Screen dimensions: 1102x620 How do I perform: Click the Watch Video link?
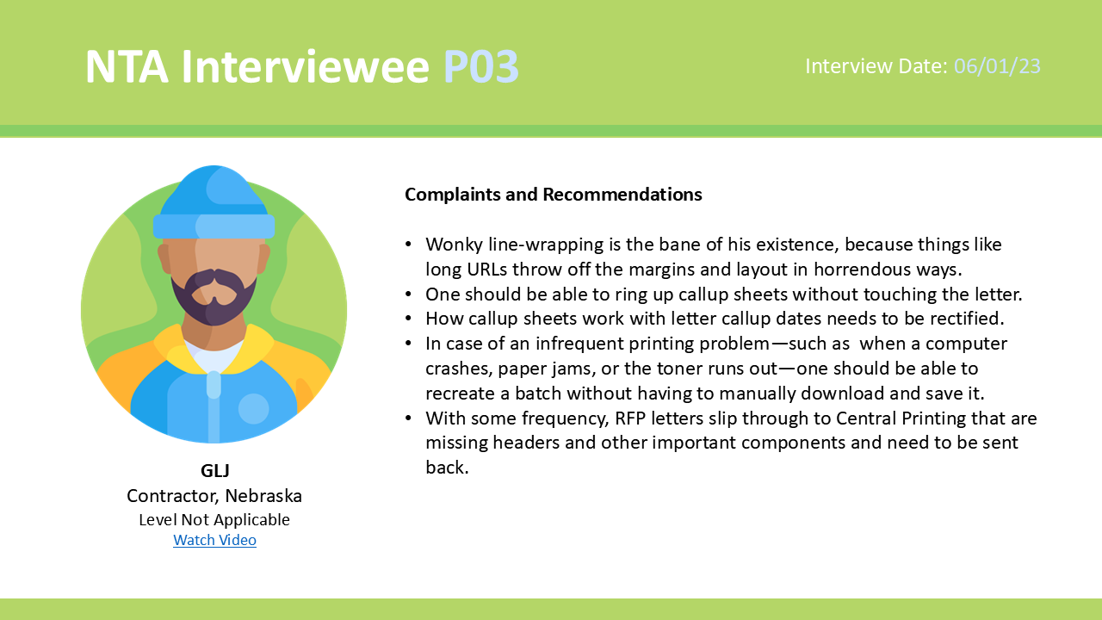tap(214, 540)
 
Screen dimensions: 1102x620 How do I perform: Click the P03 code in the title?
tap(481, 66)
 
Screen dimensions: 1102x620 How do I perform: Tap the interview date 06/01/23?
tap(997, 66)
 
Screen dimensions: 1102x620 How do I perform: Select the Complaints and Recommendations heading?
tap(553, 195)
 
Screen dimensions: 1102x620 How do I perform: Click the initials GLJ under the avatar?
tap(215, 470)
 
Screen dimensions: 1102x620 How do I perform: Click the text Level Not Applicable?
tap(214, 519)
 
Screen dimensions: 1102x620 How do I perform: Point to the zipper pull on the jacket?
tap(214, 384)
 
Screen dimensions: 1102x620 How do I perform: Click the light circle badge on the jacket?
tap(254, 408)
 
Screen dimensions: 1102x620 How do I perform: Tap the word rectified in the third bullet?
tap(962, 319)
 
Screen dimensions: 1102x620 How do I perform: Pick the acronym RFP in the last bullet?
tap(630, 418)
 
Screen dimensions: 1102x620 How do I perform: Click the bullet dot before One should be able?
tap(408, 294)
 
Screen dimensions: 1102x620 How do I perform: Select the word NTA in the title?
tap(127, 66)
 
